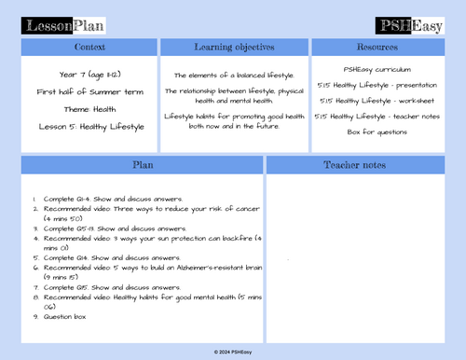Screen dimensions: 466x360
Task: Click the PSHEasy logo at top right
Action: tap(408, 24)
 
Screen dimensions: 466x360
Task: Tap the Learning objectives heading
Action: tap(234, 47)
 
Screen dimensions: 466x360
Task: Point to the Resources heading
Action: tap(377, 47)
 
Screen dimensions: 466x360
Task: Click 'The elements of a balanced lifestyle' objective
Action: tap(234, 75)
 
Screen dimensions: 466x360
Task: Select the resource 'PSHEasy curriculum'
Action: tap(377, 68)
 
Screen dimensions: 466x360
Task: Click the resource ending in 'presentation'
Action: tap(377, 84)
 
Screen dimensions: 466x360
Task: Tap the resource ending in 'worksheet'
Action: tap(377, 100)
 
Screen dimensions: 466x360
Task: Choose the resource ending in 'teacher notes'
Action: tap(377, 116)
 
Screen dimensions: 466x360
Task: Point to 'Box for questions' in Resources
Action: tap(377, 132)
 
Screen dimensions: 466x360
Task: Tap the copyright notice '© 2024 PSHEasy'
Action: tap(233, 351)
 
